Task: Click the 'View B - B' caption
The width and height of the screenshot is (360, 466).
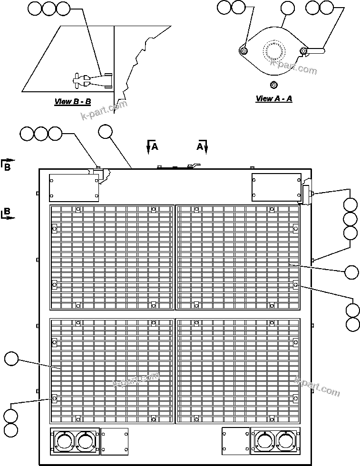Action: click(72, 101)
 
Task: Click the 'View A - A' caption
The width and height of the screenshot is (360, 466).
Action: click(273, 98)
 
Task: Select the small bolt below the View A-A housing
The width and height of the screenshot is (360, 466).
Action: click(273, 85)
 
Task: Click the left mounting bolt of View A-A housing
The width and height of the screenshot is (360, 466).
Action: click(243, 51)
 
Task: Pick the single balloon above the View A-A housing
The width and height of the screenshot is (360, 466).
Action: click(287, 8)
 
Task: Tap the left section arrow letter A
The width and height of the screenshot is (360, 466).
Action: click(155, 147)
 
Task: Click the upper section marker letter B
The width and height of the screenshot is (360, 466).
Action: click(7, 166)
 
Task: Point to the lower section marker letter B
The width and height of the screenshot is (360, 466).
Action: click(7, 212)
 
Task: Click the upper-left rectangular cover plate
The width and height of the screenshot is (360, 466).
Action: click(74, 187)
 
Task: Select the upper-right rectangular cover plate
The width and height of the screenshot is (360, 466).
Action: click(276, 187)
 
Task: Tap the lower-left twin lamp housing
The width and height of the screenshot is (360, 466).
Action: click(74, 441)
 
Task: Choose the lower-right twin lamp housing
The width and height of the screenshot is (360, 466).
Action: click(275, 441)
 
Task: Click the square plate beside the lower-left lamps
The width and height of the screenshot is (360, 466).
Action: click(114, 441)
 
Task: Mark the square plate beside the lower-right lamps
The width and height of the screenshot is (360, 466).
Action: click(235, 441)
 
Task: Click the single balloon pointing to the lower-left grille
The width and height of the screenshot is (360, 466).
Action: click(11, 359)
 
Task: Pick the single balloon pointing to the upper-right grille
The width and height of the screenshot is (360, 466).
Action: click(351, 272)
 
